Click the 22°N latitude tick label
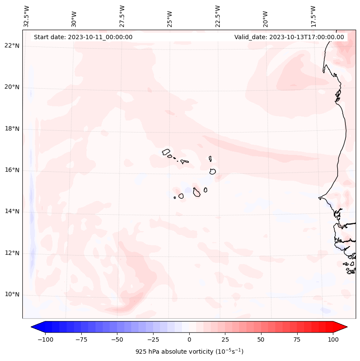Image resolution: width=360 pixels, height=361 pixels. [x=12, y=46]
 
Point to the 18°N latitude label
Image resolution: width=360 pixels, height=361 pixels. [x=12, y=129]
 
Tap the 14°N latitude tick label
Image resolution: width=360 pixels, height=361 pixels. [x=12, y=212]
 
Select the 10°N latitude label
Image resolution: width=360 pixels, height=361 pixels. [x=12, y=295]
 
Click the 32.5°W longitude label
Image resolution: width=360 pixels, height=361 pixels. [x=27, y=16]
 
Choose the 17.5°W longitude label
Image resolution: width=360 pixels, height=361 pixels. [x=313, y=16]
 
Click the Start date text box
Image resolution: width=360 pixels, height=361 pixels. [x=83, y=37]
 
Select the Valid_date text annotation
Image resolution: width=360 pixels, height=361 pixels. [x=289, y=37]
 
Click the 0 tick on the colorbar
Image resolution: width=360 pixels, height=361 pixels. [x=189, y=339]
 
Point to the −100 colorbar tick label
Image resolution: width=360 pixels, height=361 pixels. [x=45, y=339]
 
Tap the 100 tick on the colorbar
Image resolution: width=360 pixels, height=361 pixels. [x=333, y=339]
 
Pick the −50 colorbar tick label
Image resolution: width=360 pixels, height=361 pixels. [x=117, y=339]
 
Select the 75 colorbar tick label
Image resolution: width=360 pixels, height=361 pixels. [x=297, y=339]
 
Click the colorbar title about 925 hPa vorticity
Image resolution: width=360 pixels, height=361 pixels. [x=189, y=352]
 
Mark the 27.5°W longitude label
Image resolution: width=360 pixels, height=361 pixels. [x=122, y=16]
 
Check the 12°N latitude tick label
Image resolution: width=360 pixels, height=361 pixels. [x=12, y=253]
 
